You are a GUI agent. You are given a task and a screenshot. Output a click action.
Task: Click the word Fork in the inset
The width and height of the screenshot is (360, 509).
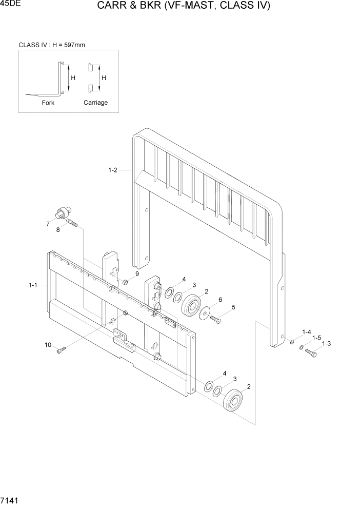click(x=48, y=103)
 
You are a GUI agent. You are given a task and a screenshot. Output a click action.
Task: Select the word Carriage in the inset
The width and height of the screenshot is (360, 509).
click(x=95, y=103)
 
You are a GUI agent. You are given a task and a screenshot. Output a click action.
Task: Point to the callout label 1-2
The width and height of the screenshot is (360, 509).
click(x=113, y=170)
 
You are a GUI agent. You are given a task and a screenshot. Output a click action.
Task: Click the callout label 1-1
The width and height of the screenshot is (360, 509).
click(x=33, y=285)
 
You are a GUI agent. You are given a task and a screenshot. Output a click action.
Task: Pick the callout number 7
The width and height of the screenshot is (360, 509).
click(x=48, y=224)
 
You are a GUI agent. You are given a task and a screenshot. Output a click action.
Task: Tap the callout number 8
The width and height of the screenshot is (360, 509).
click(x=58, y=230)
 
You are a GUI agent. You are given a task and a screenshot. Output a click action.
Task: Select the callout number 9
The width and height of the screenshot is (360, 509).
click(x=137, y=274)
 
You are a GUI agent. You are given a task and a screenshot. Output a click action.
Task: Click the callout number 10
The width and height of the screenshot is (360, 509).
click(x=48, y=345)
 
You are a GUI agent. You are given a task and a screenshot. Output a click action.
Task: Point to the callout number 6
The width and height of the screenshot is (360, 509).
click(x=220, y=300)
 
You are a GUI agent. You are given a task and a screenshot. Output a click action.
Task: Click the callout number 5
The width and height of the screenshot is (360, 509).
click(x=233, y=307)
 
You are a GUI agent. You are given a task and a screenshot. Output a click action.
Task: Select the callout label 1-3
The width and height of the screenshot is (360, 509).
click(x=326, y=343)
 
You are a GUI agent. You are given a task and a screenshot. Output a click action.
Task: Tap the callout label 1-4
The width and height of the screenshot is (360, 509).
click(x=307, y=332)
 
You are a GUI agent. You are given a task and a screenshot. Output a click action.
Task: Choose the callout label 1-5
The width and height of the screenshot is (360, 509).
click(x=316, y=338)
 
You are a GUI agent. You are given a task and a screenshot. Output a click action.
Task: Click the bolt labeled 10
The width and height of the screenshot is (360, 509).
click(x=62, y=350)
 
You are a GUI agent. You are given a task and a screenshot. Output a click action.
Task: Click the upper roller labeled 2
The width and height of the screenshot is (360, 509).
click(x=192, y=307)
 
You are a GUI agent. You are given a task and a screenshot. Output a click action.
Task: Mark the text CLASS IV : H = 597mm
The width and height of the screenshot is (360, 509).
click(x=52, y=45)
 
